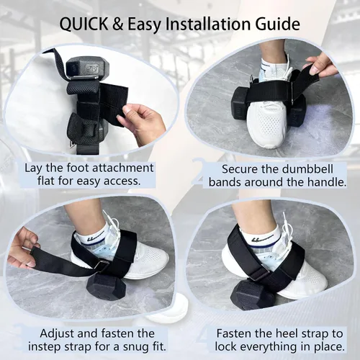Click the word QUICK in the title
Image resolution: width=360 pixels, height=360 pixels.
tap(84, 24)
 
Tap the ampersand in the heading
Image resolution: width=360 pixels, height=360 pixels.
tap(118, 24)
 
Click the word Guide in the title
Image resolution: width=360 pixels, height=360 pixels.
tap(275, 24)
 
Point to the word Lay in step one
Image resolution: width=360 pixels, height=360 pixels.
tap(34, 168)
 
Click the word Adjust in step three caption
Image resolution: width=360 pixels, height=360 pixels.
tap(57, 334)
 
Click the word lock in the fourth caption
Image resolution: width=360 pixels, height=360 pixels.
tap(226, 346)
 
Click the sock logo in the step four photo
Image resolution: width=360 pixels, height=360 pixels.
tap(261, 238)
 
